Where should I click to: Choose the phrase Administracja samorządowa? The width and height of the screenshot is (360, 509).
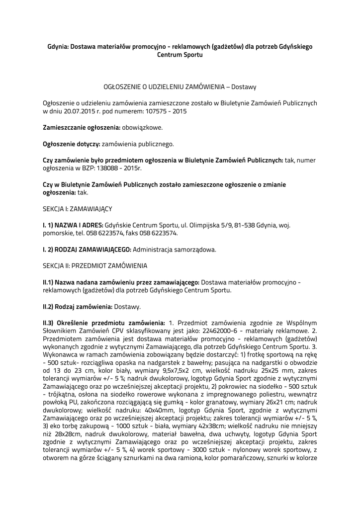(175, 250)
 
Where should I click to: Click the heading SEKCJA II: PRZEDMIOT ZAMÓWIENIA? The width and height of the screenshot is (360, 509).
(94, 266)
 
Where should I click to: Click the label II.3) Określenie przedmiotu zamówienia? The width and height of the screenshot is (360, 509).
(104, 323)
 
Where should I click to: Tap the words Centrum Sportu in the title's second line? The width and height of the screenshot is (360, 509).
(180, 55)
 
